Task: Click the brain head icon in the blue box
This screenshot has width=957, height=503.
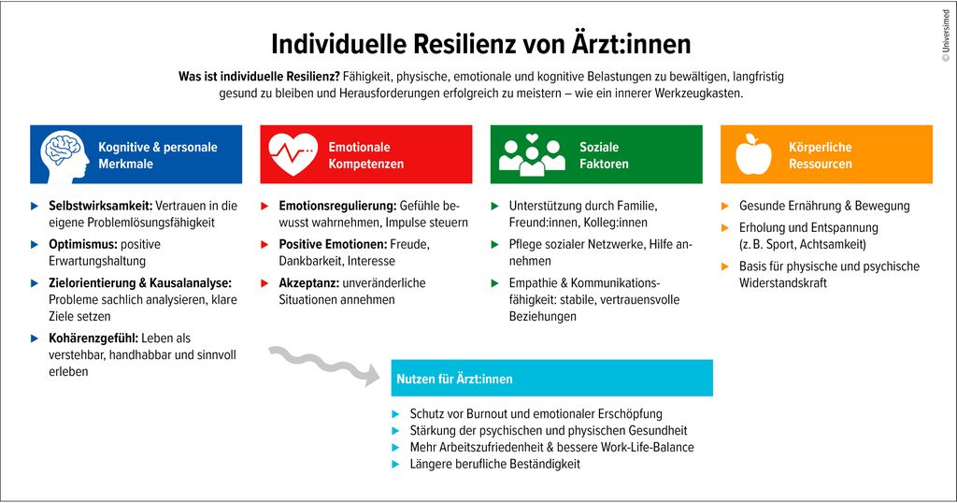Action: click(x=64, y=155)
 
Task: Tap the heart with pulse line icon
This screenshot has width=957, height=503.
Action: click(x=293, y=154)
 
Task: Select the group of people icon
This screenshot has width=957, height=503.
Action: click(x=532, y=155)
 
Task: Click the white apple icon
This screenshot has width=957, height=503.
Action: click(x=753, y=154)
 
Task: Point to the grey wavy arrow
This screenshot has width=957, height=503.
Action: click(x=324, y=366)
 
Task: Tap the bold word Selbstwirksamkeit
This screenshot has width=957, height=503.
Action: click(x=101, y=206)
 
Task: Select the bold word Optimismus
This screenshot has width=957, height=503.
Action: click(x=83, y=244)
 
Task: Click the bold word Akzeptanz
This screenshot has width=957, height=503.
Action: click(x=308, y=283)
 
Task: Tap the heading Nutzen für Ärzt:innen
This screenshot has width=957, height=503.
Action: click(x=455, y=379)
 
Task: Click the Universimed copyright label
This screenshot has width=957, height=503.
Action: click(x=946, y=36)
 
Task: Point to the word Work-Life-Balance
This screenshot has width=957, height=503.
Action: click(x=648, y=447)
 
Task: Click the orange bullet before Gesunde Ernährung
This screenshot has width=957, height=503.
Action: click(x=725, y=206)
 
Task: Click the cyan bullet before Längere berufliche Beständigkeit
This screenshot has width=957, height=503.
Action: click(x=396, y=464)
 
